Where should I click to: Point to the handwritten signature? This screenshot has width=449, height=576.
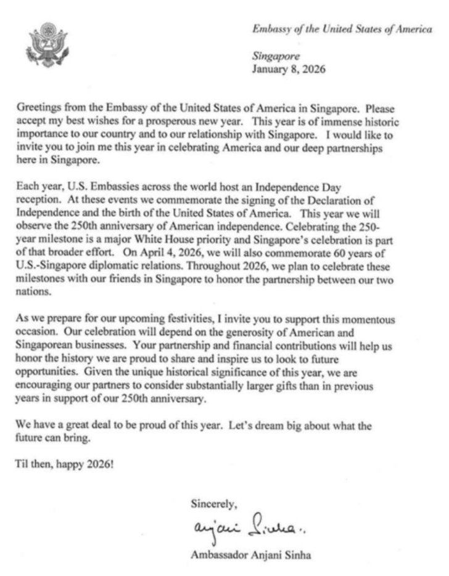[244, 527]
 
